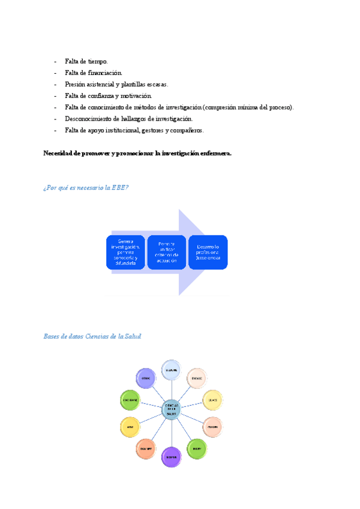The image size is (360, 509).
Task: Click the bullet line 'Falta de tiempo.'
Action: click(x=86, y=62)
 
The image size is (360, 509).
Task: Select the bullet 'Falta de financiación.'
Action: click(x=93, y=73)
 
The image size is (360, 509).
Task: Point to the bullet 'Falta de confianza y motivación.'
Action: click(x=108, y=96)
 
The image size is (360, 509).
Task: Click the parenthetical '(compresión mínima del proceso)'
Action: click(x=248, y=107)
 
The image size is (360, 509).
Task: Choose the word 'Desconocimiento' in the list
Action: click(x=88, y=119)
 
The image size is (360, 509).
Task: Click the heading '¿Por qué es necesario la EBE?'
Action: click(x=86, y=188)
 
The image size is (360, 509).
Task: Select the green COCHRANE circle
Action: click(x=131, y=400)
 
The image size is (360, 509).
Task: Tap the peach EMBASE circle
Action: click(x=197, y=379)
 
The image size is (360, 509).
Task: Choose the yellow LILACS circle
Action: click(x=212, y=400)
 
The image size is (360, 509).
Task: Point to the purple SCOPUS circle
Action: click(x=171, y=457)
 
